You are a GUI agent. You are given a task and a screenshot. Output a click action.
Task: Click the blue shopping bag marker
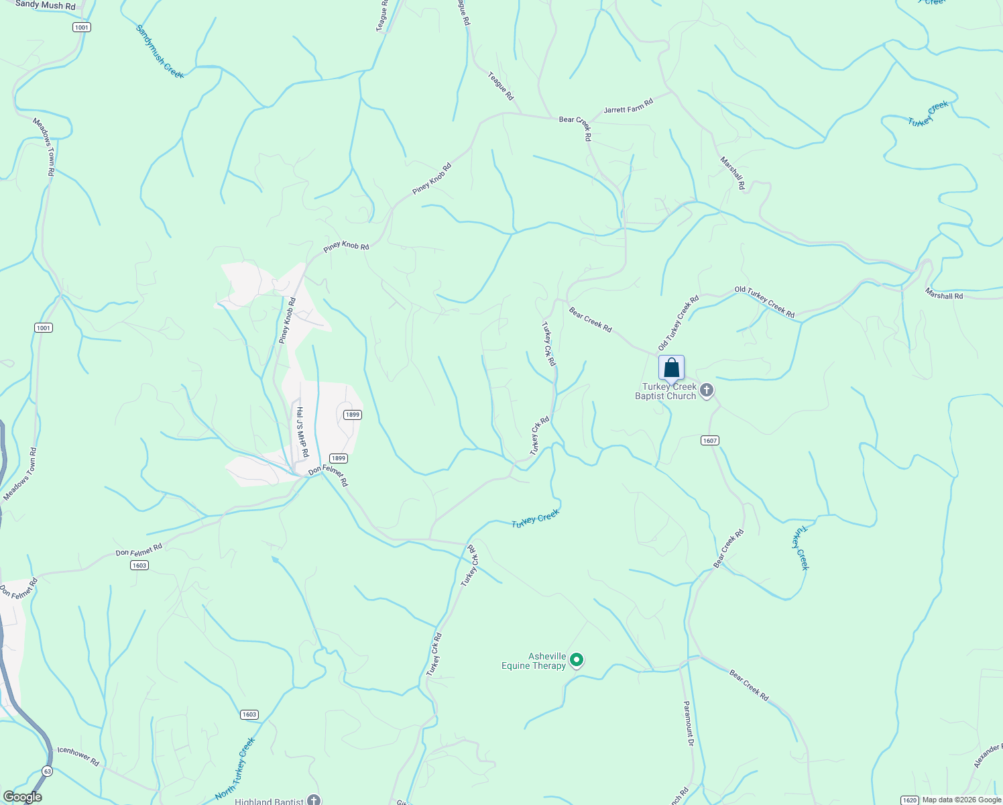[x=671, y=368]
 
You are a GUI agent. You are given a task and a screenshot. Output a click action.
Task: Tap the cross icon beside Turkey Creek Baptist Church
[x=706, y=390]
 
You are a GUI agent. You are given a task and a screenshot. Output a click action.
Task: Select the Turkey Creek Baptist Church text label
[x=665, y=391]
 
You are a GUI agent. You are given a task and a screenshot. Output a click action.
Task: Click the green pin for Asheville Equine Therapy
[x=576, y=661]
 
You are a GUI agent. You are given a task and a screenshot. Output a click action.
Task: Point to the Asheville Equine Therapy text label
[x=534, y=661]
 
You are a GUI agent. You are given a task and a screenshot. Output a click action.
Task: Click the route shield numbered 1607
[x=710, y=441]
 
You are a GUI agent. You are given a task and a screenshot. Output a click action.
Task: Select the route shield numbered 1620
[x=909, y=800]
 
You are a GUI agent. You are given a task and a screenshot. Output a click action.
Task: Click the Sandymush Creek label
[x=160, y=52]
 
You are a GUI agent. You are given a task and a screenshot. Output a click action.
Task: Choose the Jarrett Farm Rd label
[x=628, y=106]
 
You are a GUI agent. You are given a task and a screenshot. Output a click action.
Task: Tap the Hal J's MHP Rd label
[x=302, y=432]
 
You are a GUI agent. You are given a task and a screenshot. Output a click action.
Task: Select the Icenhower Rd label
[x=78, y=756]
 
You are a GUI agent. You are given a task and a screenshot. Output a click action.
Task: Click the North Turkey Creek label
[x=235, y=769]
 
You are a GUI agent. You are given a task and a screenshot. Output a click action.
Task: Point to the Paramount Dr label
[x=689, y=724]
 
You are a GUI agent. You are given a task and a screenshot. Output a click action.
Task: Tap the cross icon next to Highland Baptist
[x=314, y=800]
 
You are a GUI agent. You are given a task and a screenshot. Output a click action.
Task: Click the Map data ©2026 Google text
[x=961, y=800]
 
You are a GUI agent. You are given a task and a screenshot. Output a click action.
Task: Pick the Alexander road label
[x=988, y=756]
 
